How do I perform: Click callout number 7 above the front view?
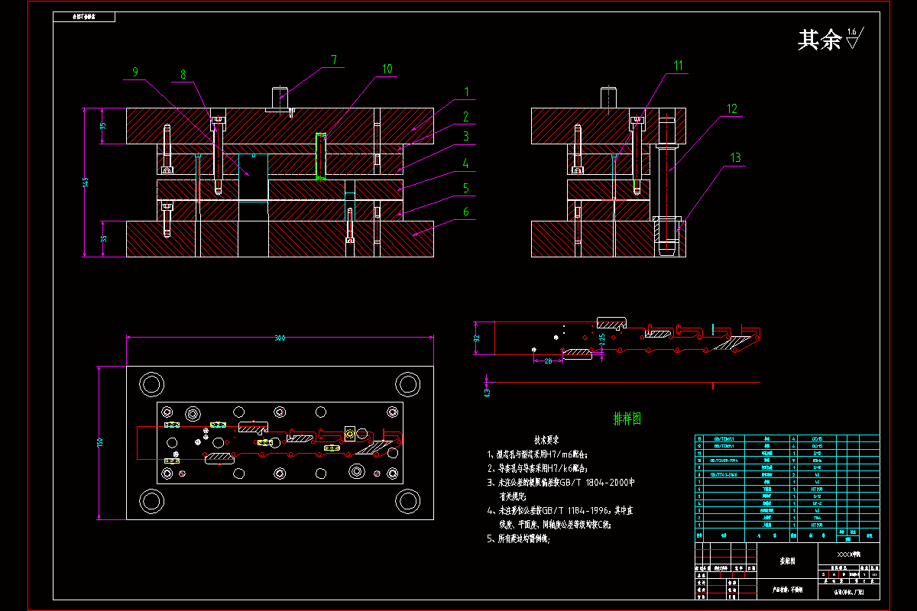click(x=333, y=59)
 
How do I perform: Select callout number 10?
click(x=387, y=69)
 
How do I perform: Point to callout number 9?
click(x=135, y=72)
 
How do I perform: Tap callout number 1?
click(x=465, y=92)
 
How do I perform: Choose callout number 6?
click(x=465, y=212)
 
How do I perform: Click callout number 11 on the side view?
click(x=679, y=66)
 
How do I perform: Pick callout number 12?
click(x=732, y=108)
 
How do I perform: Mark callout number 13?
click(x=735, y=157)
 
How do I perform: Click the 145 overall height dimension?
click(x=86, y=182)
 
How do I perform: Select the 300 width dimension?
click(x=280, y=338)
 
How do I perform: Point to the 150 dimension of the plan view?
click(x=100, y=443)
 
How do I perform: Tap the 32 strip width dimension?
click(x=476, y=338)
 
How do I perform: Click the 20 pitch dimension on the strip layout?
click(x=548, y=360)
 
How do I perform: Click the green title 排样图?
click(x=627, y=419)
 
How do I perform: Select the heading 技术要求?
click(x=546, y=441)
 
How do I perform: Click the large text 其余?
click(x=819, y=40)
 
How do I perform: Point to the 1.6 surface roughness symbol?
click(x=854, y=37)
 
